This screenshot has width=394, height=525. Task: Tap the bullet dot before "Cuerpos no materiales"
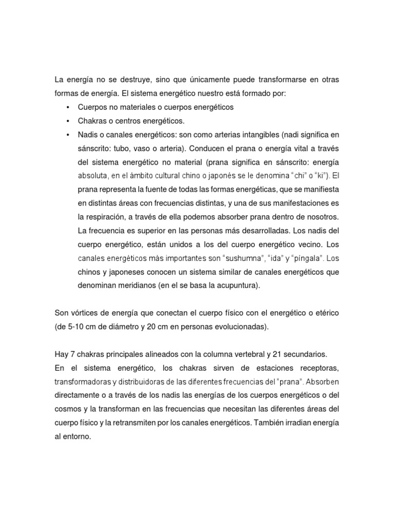(68, 108)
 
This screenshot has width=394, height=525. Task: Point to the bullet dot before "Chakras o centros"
(68, 121)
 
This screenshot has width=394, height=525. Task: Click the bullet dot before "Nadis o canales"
(68, 134)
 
